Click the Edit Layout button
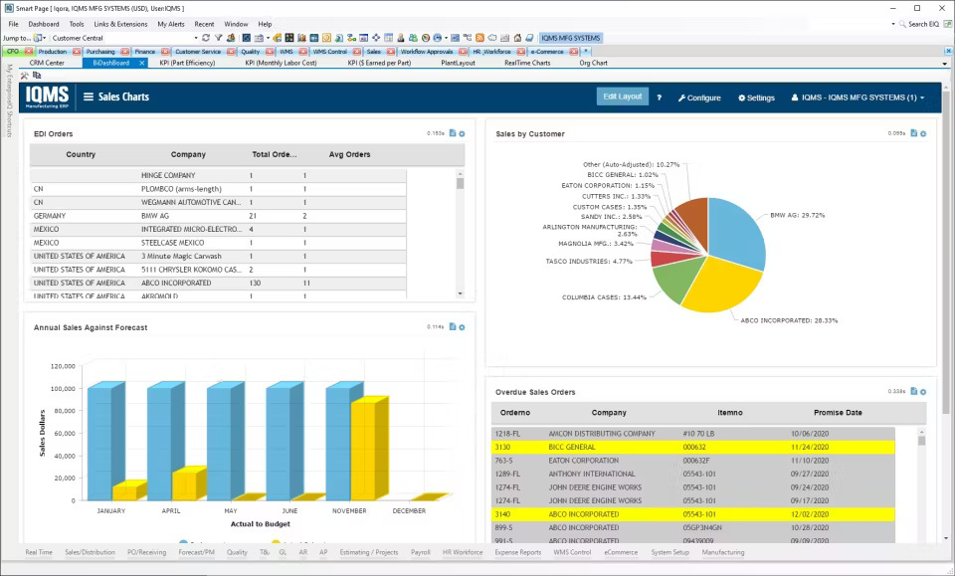pos(623,96)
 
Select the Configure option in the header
pos(699,97)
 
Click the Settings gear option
pos(756,97)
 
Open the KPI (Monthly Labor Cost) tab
pos(281,63)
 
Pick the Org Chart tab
pos(593,63)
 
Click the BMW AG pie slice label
pos(797,215)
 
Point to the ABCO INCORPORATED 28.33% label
pos(789,320)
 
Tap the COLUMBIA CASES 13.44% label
pos(604,297)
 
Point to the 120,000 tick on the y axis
pos(63,366)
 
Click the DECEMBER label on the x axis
pos(410,510)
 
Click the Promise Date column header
pos(838,412)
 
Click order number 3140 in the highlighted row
pos(502,514)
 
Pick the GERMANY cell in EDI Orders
pos(50,215)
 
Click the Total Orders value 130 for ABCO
pos(255,283)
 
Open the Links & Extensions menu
pos(120,24)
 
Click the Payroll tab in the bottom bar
pos(420,552)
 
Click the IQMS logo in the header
pos(47,96)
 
